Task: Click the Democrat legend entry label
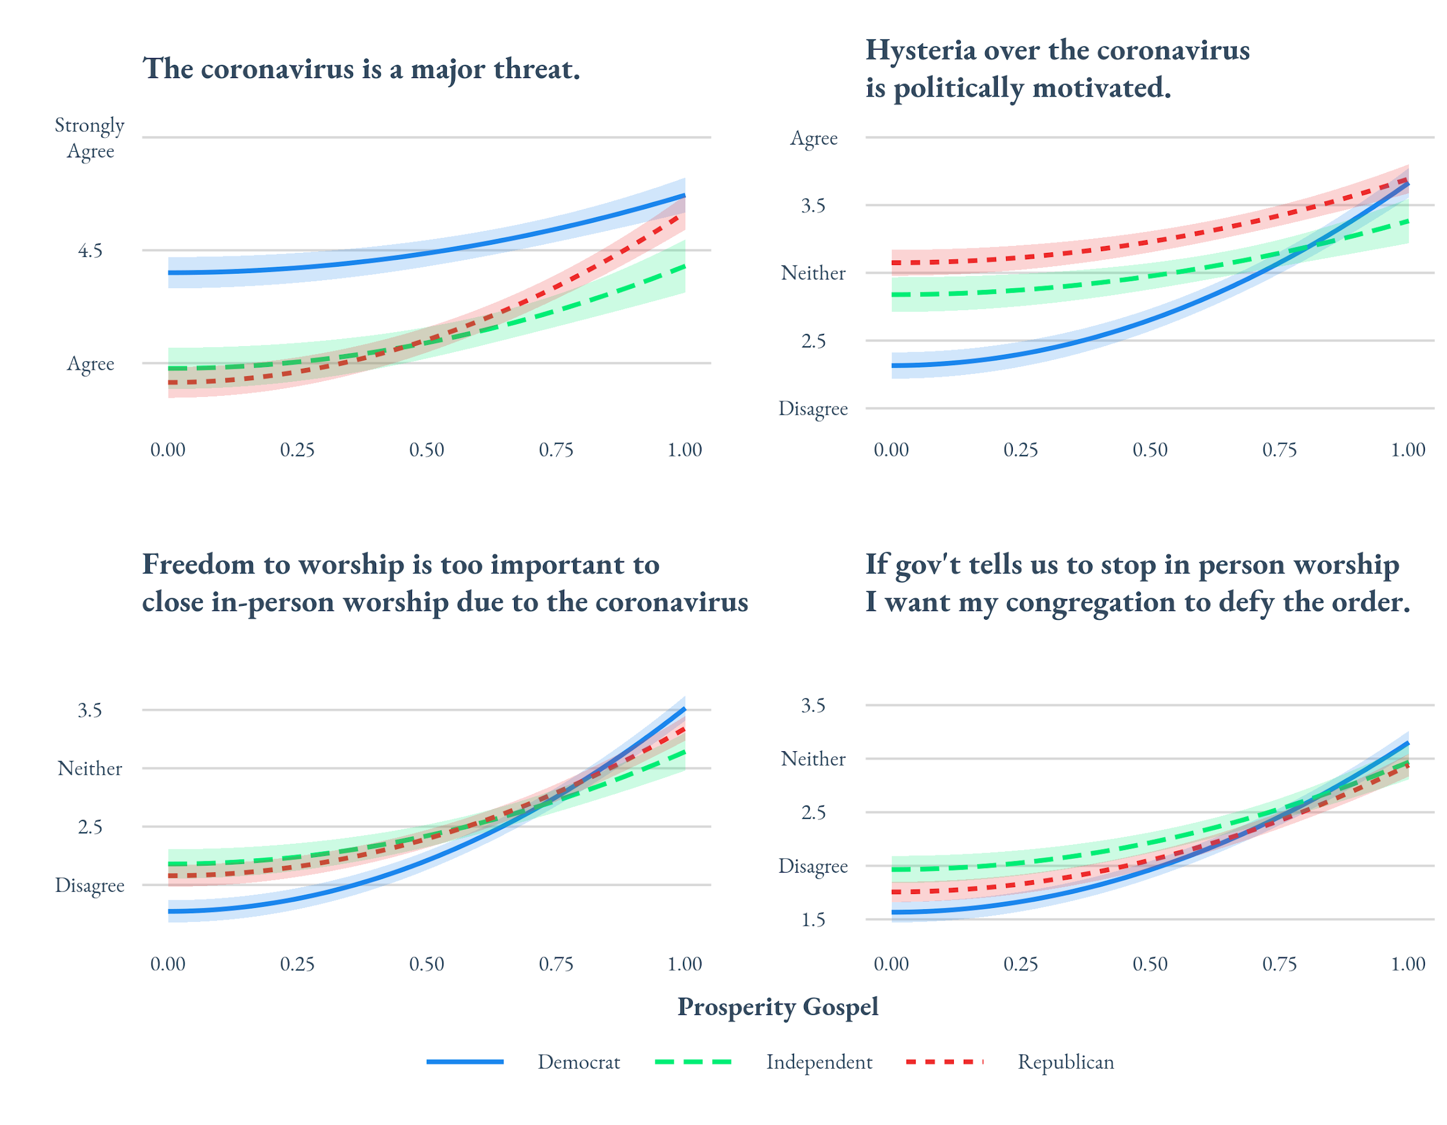(x=578, y=1062)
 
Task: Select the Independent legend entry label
(x=819, y=1062)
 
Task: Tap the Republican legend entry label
(x=1066, y=1062)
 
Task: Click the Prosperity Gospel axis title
(x=777, y=1007)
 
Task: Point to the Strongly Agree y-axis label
(x=90, y=138)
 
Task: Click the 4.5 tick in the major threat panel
(x=90, y=251)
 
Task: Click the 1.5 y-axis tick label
(x=813, y=920)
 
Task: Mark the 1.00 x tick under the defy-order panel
(x=1407, y=964)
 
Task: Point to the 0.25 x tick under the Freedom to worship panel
(x=297, y=964)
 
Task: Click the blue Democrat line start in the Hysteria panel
(x=893, y=365)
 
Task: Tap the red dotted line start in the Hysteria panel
(x=893, y=263)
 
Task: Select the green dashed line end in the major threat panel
(x=684, y=266)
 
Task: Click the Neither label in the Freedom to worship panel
(x=90, y=769)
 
